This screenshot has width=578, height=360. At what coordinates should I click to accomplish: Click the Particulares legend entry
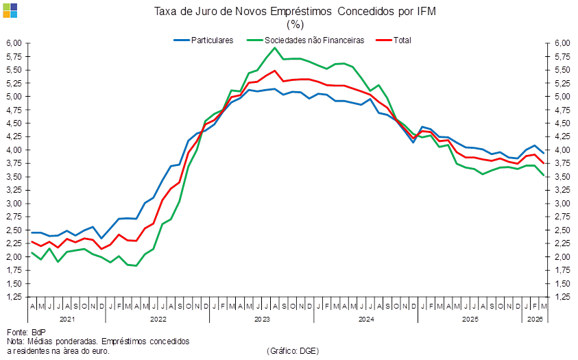204,40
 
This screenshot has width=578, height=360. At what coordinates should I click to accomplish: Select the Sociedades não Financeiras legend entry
306,40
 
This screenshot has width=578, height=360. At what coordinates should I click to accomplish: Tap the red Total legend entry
394,40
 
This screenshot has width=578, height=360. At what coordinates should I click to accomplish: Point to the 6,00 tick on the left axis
14,43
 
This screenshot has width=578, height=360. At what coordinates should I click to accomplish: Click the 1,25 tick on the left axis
14,297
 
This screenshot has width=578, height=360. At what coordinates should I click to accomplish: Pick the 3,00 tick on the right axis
562,204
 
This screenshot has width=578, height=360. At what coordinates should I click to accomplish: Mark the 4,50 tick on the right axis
562,123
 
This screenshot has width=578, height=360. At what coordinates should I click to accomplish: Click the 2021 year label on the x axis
67,319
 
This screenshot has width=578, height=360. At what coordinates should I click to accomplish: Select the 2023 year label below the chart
262,319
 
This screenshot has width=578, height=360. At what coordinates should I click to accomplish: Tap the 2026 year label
535,319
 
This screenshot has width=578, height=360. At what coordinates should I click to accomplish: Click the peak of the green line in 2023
275,47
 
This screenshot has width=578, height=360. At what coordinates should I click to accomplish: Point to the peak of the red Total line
275,71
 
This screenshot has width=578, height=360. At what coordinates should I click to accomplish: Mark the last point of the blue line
543,153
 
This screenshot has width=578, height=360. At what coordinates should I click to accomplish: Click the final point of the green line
543,176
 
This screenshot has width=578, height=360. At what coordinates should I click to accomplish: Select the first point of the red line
32,242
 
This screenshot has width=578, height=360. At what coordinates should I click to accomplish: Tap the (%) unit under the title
295,24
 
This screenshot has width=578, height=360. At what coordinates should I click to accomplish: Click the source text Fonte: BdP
26,332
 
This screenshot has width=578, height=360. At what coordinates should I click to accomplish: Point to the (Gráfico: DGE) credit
293,351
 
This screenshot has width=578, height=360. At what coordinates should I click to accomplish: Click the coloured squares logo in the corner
10,11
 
